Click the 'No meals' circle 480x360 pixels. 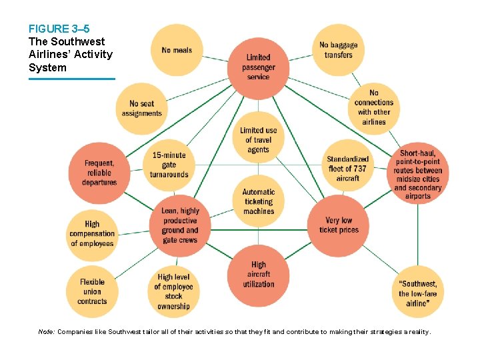177,50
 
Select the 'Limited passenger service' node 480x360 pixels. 258,67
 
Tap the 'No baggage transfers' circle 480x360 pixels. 338,50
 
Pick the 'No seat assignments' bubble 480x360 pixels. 141,109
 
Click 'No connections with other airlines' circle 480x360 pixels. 373,107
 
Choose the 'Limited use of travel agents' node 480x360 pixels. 258,140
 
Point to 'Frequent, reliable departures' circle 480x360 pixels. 99,173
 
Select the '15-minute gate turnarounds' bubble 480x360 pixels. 169,165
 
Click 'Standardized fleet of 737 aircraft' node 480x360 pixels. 347,168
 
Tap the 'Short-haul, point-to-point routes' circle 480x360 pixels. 418,173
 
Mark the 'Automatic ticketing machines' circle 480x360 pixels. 258,201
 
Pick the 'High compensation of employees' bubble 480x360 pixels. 92,233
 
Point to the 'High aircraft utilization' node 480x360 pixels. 258,274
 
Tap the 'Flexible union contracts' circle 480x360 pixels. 92,291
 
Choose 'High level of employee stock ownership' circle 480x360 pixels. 173,291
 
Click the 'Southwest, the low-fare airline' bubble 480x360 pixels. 418,291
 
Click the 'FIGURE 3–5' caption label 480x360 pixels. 59,29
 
